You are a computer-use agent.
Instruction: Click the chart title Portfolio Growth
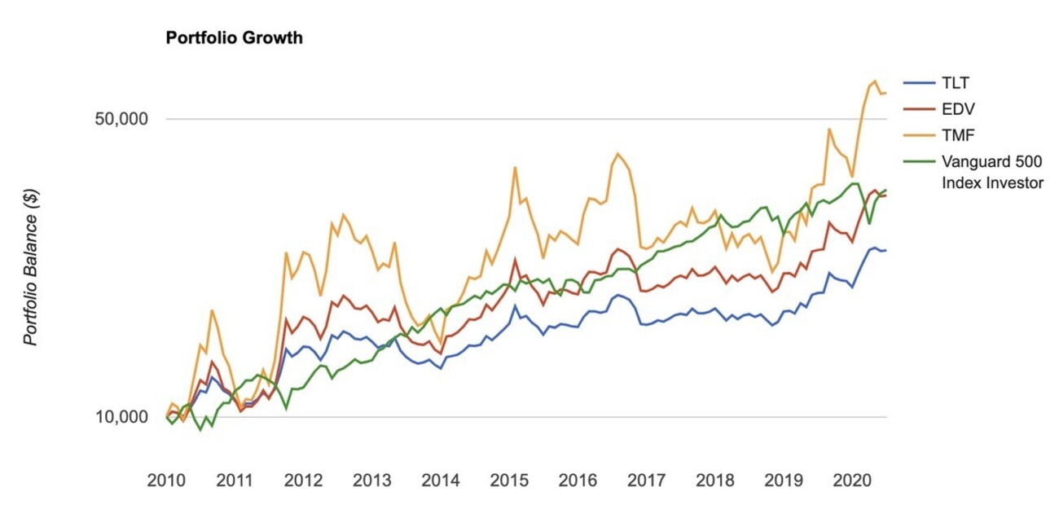(234, 38)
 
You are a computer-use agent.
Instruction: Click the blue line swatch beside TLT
(919, 83)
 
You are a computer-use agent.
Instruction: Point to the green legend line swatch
(919, 160)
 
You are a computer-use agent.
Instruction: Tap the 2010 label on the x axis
(166, 480)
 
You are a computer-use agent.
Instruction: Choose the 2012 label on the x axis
(303, 480)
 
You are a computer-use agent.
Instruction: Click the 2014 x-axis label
(441, 480)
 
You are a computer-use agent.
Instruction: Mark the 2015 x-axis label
(509, 480)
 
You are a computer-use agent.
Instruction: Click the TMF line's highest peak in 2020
(875, 81)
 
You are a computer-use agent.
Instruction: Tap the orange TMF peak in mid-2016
(617, 153)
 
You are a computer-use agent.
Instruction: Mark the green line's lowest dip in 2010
(200, 429)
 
